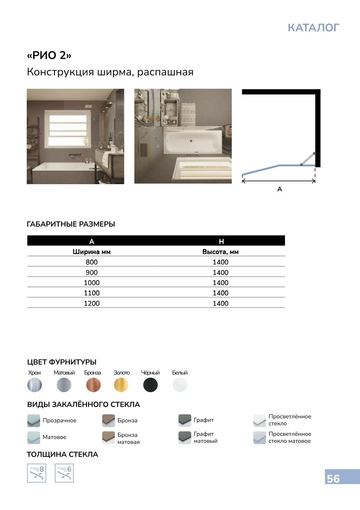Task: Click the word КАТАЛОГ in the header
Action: tap(313, 28)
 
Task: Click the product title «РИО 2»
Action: tap(49, 55)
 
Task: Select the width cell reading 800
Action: tap(92, 262)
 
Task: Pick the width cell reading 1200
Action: tap(92, 303)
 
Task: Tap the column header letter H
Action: tap(221, 241)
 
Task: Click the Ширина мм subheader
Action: tap(92, 252)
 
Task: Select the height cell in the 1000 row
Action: tap(220, 283)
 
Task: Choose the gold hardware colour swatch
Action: tap(121, 385)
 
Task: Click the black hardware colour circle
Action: tap(150, 385)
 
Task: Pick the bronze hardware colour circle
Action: tap(93, 385)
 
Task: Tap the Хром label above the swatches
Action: tap(34, 373)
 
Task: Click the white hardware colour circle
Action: tap(180, 385)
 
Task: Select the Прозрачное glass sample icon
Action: tap(33, 420)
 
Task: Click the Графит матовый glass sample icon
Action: tap(185, 437)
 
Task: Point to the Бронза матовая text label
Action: tap(128, 438)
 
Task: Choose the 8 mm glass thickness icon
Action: tap(37, 473)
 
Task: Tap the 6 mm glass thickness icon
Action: tap(64, 473)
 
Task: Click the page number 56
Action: tap(333, 479)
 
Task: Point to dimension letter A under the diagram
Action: tap(280, 189)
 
